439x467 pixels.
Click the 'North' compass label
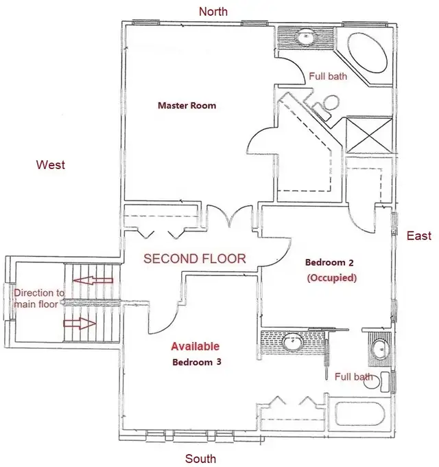[213, 12]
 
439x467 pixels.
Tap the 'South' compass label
[200, 458]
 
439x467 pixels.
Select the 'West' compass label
[51, 165]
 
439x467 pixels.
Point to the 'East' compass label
[419, 236]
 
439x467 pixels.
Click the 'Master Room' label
[187, 106]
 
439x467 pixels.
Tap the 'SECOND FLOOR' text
[194, 259]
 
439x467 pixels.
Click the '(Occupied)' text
[331, 278]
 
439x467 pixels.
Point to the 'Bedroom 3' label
[196, 361]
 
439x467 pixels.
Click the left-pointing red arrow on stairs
[86, 280]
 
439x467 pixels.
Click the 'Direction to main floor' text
[40, 298]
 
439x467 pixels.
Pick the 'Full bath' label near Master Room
[328, 76]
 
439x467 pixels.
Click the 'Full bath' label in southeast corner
[354, 376]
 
